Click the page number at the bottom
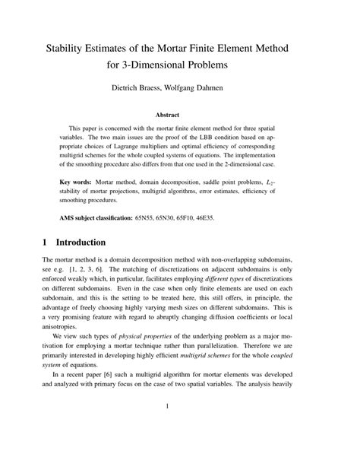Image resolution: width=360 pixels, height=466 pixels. coord(179,427)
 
